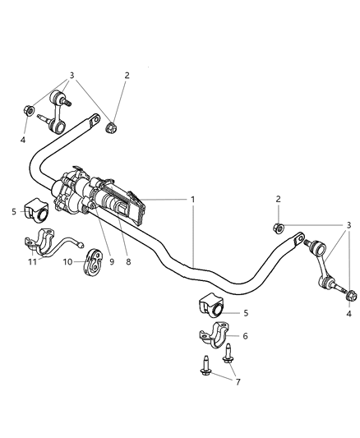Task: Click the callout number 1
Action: (x=193, y=199)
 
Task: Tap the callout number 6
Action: (x=246, y=336)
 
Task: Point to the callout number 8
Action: (x=127, y=261)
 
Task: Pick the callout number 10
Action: (x=68, y=261)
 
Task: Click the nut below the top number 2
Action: (x=113, y=127)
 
